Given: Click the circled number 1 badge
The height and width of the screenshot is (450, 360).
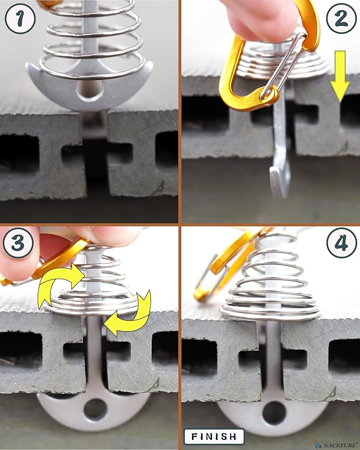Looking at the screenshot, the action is pos(20,19).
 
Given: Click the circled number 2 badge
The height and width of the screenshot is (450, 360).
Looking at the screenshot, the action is pos(341,19).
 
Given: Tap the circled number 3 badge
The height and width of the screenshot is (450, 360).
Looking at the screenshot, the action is pos(18,243).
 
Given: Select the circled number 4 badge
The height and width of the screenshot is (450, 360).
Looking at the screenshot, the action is pos(341,243).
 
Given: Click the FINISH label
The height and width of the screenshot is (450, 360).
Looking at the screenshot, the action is pos(214,437).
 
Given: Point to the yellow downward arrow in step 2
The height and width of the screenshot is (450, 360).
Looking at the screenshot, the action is pos(340,76).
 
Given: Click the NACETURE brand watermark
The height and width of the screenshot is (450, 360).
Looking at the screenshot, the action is pos(337,445).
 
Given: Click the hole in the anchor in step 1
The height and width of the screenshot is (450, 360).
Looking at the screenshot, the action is pos(90,90).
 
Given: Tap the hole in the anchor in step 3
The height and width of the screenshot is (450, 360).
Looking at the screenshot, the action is pos(95,409).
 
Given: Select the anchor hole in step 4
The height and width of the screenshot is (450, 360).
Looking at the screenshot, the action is pos(274,412).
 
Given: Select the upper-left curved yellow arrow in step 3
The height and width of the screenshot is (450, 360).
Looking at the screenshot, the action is pos(61,283).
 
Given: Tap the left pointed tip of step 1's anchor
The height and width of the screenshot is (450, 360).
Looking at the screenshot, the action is pos(28,65).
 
